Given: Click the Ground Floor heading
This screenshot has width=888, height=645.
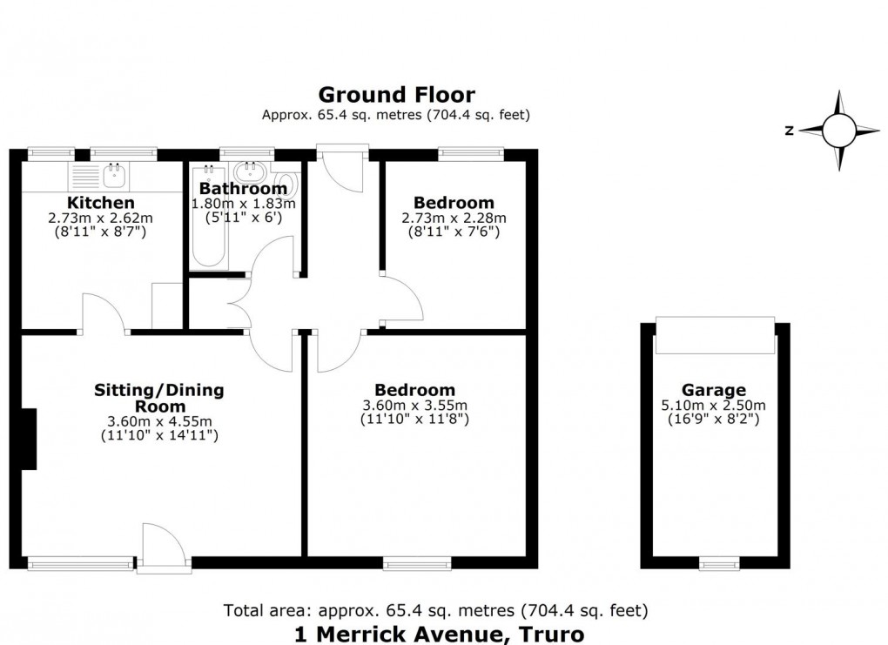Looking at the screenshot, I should [396, 94].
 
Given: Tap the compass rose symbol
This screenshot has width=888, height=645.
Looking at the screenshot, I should [840, 131].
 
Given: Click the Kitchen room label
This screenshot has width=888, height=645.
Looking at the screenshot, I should [101, 203].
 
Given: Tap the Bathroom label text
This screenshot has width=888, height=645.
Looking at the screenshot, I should [243, 188].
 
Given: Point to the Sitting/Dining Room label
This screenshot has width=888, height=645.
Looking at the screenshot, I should [158, 398].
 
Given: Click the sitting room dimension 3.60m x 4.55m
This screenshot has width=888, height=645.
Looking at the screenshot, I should [158, 421].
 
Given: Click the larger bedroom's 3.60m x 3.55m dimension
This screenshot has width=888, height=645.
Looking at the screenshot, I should [414, 405].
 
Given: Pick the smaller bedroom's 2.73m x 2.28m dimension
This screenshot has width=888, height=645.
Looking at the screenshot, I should [454, 218].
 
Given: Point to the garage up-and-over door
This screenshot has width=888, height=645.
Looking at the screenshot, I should [714, 336].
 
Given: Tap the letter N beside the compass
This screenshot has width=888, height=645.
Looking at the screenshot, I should [788, 131].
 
